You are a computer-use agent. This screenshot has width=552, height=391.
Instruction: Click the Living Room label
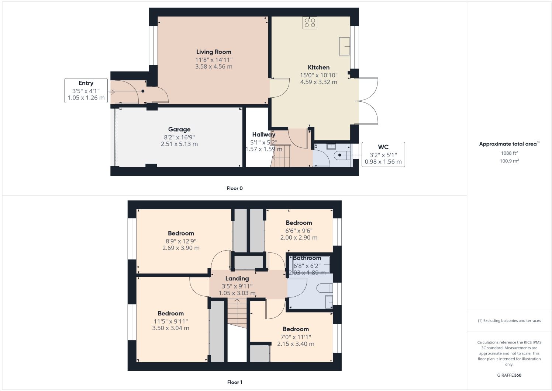point(214,52)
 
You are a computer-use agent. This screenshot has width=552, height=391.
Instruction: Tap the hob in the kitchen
point(310,23)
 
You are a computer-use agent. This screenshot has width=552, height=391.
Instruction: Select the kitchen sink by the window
point(344,46)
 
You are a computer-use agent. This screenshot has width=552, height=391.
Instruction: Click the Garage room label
point(179,129)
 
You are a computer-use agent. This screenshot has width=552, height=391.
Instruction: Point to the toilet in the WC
point(342,155)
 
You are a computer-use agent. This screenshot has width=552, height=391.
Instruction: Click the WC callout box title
point(383,147)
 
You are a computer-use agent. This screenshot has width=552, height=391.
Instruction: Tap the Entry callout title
point(86,83)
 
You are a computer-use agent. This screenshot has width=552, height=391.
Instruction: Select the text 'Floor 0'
point(235,188)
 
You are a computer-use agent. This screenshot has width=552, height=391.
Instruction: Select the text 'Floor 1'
point(235,382)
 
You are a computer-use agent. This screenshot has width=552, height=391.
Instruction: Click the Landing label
point(237,279)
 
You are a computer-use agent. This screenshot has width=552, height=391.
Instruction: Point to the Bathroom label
point(307,258)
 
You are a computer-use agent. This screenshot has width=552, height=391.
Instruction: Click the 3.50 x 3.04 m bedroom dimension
point(170,328)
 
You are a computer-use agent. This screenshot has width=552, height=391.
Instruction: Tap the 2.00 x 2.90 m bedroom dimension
point(299,238)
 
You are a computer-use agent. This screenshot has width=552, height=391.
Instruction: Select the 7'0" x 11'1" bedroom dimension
point(296,337)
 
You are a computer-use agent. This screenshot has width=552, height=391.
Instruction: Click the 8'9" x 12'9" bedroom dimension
point(181,241)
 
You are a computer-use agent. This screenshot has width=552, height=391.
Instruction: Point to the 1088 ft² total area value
point(509,153)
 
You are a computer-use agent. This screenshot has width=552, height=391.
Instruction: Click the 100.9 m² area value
point(509,161)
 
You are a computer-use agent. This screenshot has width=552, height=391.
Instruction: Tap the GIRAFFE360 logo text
point(509,375)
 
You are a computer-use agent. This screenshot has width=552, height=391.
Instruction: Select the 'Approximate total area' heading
point(508,144)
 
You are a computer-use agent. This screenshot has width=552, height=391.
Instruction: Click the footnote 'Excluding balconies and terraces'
point(509,321)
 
